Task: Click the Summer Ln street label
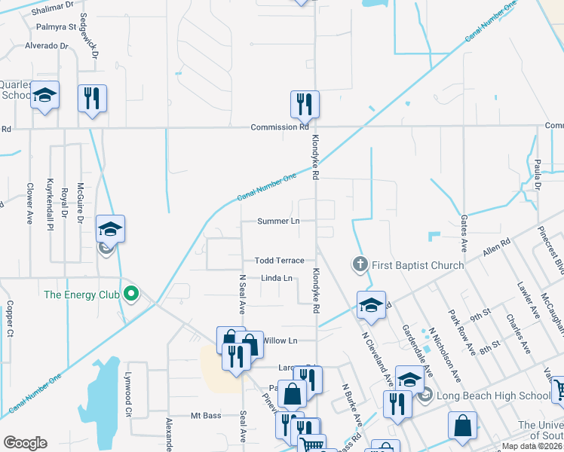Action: click(x=278, y=221)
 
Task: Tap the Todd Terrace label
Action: click(x=279, y=260)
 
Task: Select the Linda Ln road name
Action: click(x=276, y=278)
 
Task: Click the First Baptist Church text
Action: click(x=416, y=264)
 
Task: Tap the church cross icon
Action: click(x=360, y=264)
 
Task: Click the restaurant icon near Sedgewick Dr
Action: click(x=92, y=98)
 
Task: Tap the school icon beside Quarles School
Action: click(x=45, y=96)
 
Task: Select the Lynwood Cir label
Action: click(x=128, y=399)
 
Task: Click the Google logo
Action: click(x=25, y=443)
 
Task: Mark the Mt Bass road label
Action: click(x=205, y=415)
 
